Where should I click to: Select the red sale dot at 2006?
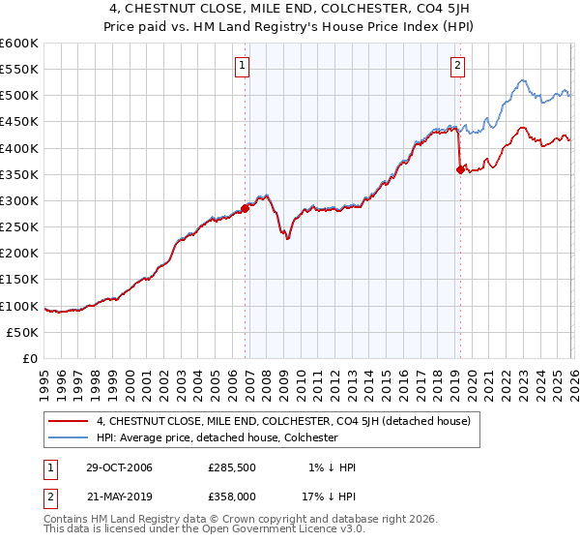click(246, 207)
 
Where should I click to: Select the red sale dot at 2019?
click(460, 169)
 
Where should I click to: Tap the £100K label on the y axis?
click(19, 306)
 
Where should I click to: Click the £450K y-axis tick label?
click(19, 122)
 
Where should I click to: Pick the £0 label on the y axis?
click(30, 358)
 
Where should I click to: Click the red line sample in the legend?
click(69, 421)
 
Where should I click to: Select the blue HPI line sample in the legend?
click(69, 437)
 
